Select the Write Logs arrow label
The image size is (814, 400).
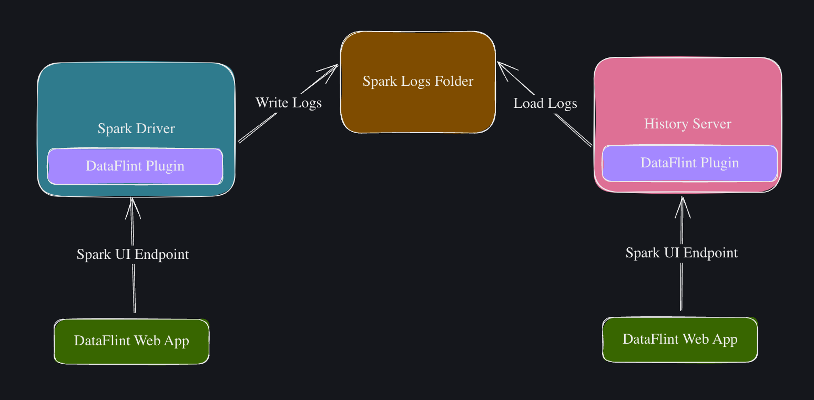pyautogui.click(x=288, y=103)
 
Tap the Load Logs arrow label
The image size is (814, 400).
pyautogui.click(x=545, y=103)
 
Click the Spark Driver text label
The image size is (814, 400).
pyautogui.click(x=136, y=128)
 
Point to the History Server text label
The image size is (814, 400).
pyautogui.click(x=687, y=124)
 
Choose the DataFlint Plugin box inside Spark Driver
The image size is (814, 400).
pyautogui.click(x=135, y=166)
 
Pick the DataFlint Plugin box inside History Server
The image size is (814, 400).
pyautogui.click(x=689, y=163)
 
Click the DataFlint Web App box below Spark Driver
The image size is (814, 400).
pyautogui.click(x=131, y=341)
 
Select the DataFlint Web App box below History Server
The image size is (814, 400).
pyautogui.click(x=680, y=339)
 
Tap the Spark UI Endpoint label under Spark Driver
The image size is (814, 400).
pyautogui.click(x=133, y=254)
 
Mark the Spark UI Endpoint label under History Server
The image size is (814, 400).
pyautogui.click(x=681, y=253)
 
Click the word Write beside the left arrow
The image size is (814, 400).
pyautogui.click(x=272, y=103)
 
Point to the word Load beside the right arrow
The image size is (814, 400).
pyautogui.click(x=528, y=103)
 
